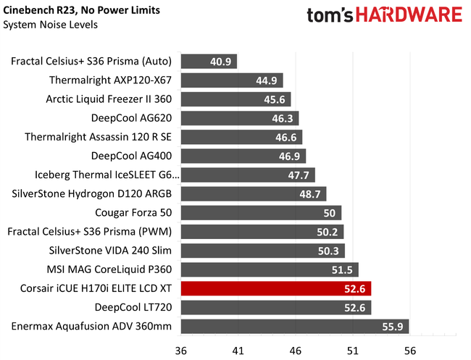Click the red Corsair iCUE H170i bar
275,288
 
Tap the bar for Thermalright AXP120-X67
232,80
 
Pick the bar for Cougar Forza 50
261,212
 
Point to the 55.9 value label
392,326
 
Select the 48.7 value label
309,194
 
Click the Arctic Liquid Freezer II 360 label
110,99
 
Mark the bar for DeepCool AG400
243,156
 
